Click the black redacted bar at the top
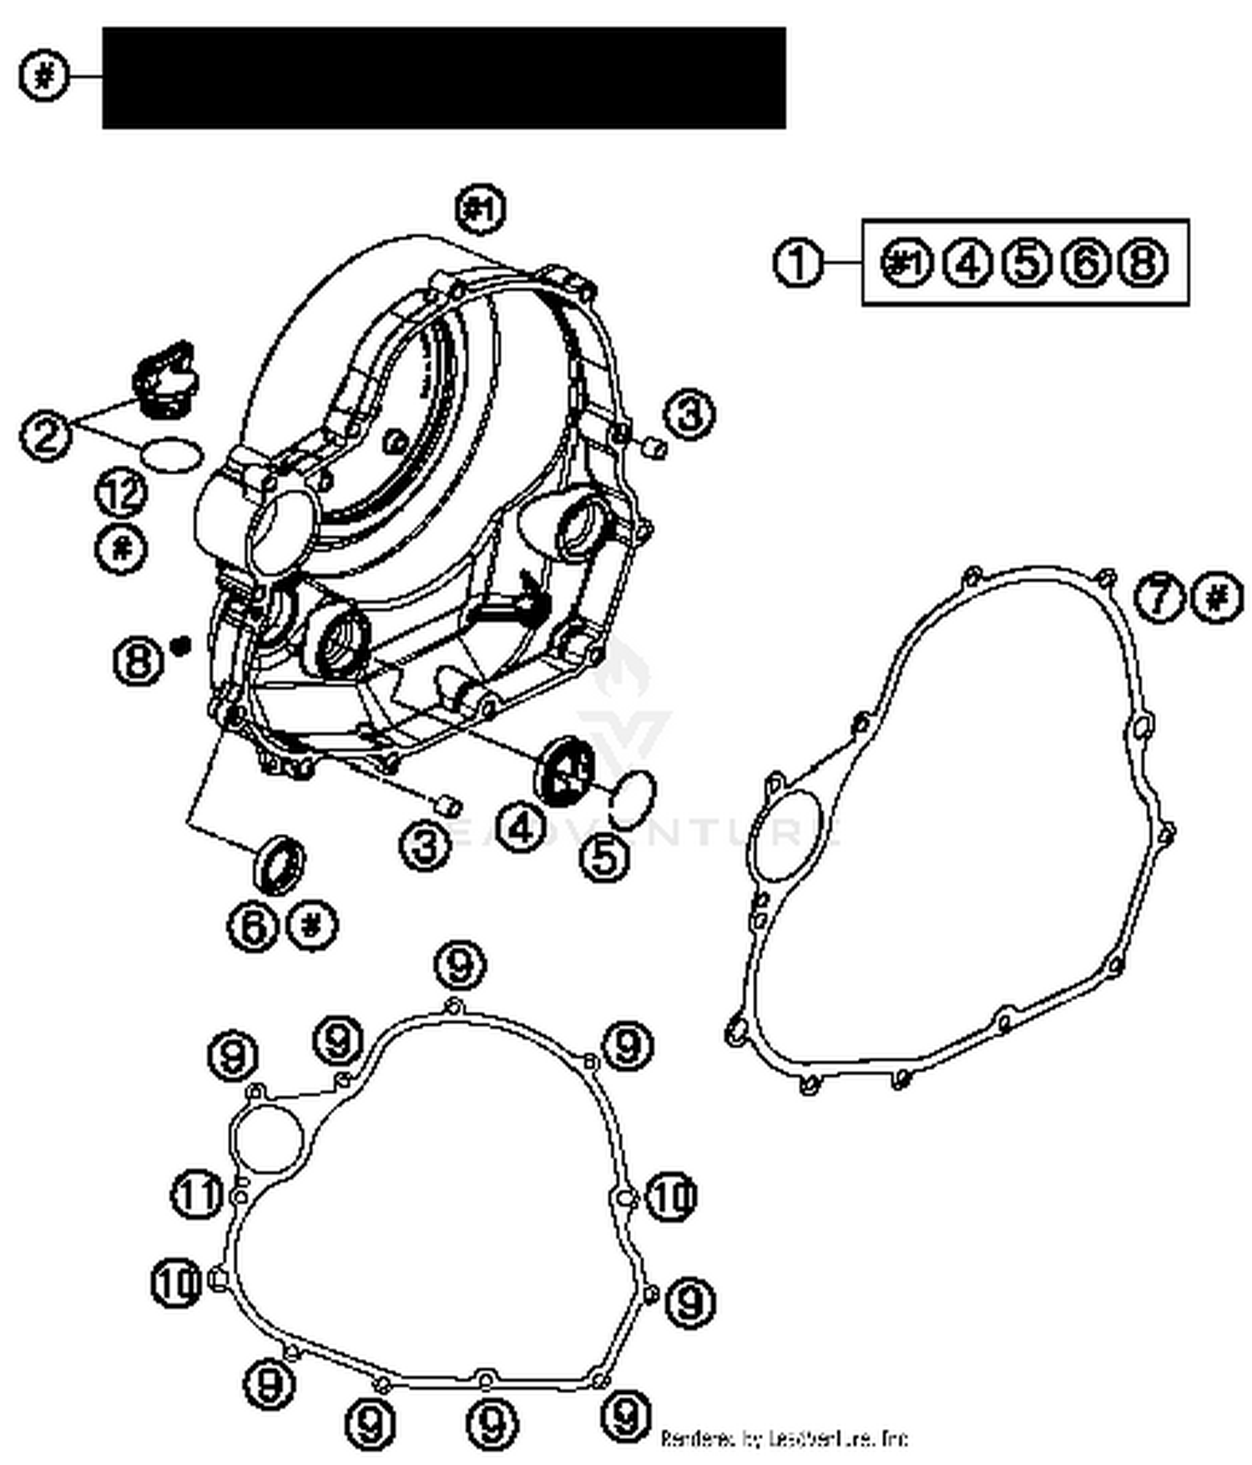click(x=443, y=78)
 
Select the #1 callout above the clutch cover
click(x=482, y=209)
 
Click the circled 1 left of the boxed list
click(x=799, y=263)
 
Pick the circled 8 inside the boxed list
click(x=1143, y=263)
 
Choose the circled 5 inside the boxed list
click(x=1026, y=263)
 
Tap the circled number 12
click(x=122, y=493)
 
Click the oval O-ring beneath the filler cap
click(x=172, y=454)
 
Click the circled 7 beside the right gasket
click(x=1159, y=598)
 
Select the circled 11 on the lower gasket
click(x=196, y=1195)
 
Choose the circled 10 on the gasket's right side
click(x=670, y=1196)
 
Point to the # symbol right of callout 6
click(x=312, y=925)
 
